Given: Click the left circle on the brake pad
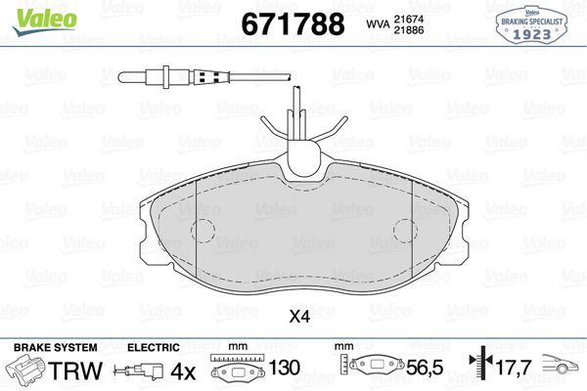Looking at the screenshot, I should tap(203, 232).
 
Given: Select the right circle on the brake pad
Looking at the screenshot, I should tap(406, 232).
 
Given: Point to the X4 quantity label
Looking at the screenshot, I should tap(298, 316).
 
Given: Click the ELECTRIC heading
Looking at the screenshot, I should tap(154, 348).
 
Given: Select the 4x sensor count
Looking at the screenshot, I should tap(184, 372).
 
